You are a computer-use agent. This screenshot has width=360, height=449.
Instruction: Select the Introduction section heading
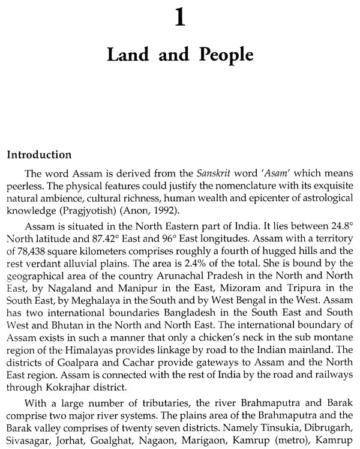[x=40, y=154]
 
